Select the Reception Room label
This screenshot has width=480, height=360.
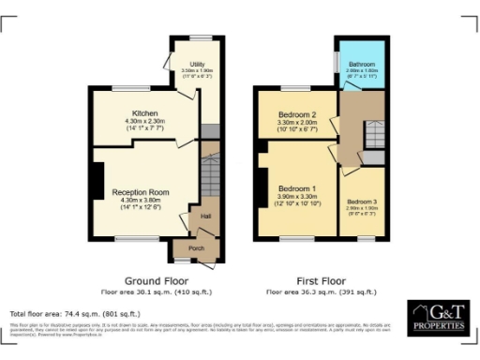pos(130,191)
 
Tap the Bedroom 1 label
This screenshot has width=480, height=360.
pos(300,188)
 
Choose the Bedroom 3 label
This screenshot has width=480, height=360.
pos(361,202)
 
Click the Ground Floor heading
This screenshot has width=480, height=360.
pos(157,279)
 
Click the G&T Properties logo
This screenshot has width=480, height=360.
pos(437,318)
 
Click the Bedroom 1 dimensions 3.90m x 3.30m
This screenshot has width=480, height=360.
pos(300,197)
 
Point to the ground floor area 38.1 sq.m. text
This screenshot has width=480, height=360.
pos(157,291)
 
